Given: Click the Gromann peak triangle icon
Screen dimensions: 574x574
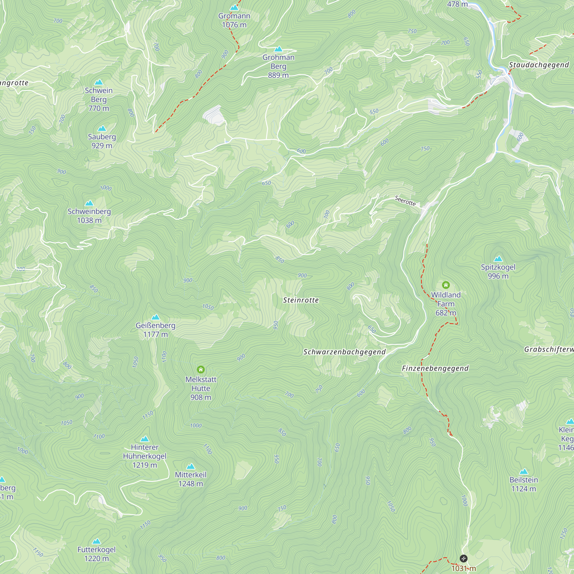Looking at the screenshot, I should [234, 7].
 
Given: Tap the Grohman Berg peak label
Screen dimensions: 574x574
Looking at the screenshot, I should [278, 66].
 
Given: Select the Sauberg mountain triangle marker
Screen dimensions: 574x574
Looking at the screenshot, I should [102, 128].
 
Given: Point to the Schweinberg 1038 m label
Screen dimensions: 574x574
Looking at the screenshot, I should [89, 216].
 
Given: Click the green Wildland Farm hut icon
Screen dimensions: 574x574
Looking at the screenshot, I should [446, 285].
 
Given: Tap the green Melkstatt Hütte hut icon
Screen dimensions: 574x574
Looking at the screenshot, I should [201, 370].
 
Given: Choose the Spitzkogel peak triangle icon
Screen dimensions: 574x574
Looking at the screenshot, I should [498, 259].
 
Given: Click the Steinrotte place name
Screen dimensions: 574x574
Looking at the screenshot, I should [301, 300].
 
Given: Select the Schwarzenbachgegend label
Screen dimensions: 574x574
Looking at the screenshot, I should [344, 352].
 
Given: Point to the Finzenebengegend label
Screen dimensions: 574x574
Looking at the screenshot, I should [435, 369].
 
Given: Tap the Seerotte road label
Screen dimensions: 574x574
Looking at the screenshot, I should [405, 201].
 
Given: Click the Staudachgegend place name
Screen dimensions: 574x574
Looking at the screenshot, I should [539, 65].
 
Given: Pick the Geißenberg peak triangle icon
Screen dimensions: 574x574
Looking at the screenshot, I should [155, 317].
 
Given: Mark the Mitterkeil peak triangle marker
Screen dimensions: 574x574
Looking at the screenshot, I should [191, 466].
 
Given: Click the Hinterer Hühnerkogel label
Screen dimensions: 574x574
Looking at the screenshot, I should [145, 456].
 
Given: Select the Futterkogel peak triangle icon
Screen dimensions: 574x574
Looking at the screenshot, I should [96, 541].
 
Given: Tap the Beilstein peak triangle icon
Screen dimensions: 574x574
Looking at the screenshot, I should [523, 472].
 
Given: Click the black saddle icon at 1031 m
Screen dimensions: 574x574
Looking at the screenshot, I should [464, 559].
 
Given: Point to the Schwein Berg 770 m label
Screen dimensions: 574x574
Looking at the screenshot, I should [99, 99].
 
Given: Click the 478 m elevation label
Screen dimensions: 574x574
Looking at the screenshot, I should [457, 4].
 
